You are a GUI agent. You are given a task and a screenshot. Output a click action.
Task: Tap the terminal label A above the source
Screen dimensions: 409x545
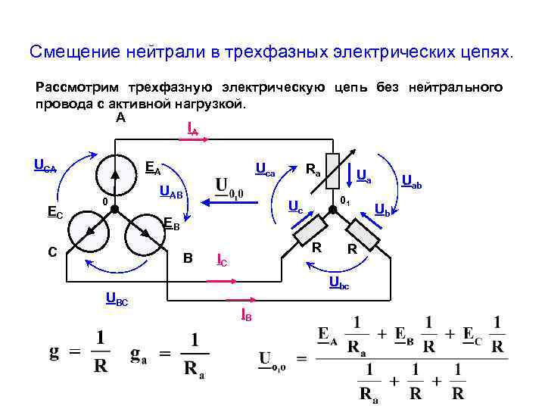(x=121, y=118)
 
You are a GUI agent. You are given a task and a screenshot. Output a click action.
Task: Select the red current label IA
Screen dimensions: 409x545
(x=192, y=130)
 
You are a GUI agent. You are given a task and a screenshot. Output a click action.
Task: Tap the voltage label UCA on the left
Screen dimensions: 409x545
(x=45, y=165)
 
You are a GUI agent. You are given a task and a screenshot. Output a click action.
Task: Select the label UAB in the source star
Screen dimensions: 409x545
(x=171, y=195)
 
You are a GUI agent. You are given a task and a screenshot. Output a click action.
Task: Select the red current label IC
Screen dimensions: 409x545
(x=221, y=261)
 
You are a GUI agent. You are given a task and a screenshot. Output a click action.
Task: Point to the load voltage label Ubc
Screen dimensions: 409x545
(x=338, y=283)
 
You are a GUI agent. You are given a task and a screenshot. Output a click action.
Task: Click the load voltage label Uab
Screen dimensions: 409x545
(x=412, y=181)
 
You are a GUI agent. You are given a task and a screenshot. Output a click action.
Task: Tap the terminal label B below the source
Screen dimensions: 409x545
(x=188, y=258)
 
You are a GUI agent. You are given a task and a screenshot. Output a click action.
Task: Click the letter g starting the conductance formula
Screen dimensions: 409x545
(x=54, y=353)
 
